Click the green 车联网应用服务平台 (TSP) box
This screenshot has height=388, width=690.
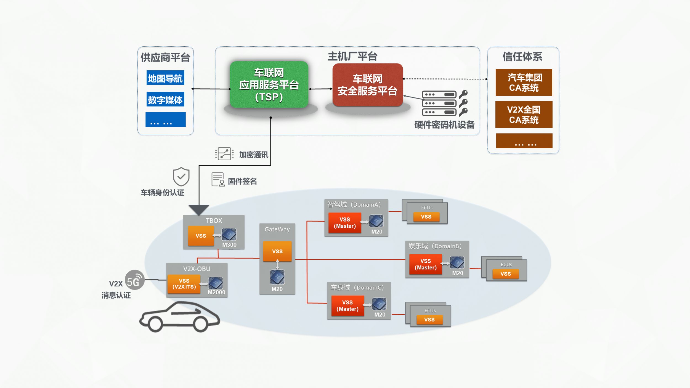click(269, 84)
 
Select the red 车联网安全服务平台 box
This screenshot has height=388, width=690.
click(368, 85)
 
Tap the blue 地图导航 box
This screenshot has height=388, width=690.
click(165, 78)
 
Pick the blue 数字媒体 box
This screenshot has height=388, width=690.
click(165, 99)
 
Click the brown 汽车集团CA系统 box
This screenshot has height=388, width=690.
click(524, 83)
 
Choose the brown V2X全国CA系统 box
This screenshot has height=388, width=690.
click(524, 115)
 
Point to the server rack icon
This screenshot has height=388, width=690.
click(439, 103)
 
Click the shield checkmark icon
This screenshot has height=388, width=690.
click(181, 176)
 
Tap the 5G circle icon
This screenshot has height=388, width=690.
click(135, 280)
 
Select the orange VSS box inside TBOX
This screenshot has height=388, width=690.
click(201, 236)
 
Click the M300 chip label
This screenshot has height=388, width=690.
click(229, 245)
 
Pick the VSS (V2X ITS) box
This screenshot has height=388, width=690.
click(184, 284)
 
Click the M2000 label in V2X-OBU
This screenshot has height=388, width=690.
click(216, 292)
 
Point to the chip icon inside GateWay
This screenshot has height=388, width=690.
click(277, 277)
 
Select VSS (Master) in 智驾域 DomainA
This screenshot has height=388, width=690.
click(345, 223)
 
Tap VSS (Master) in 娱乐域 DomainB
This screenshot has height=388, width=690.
click(426, 264)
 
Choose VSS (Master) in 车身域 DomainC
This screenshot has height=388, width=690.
click(347, 306)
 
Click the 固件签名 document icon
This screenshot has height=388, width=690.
click(218, 180)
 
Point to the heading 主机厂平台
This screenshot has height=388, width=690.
click(352, 56)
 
